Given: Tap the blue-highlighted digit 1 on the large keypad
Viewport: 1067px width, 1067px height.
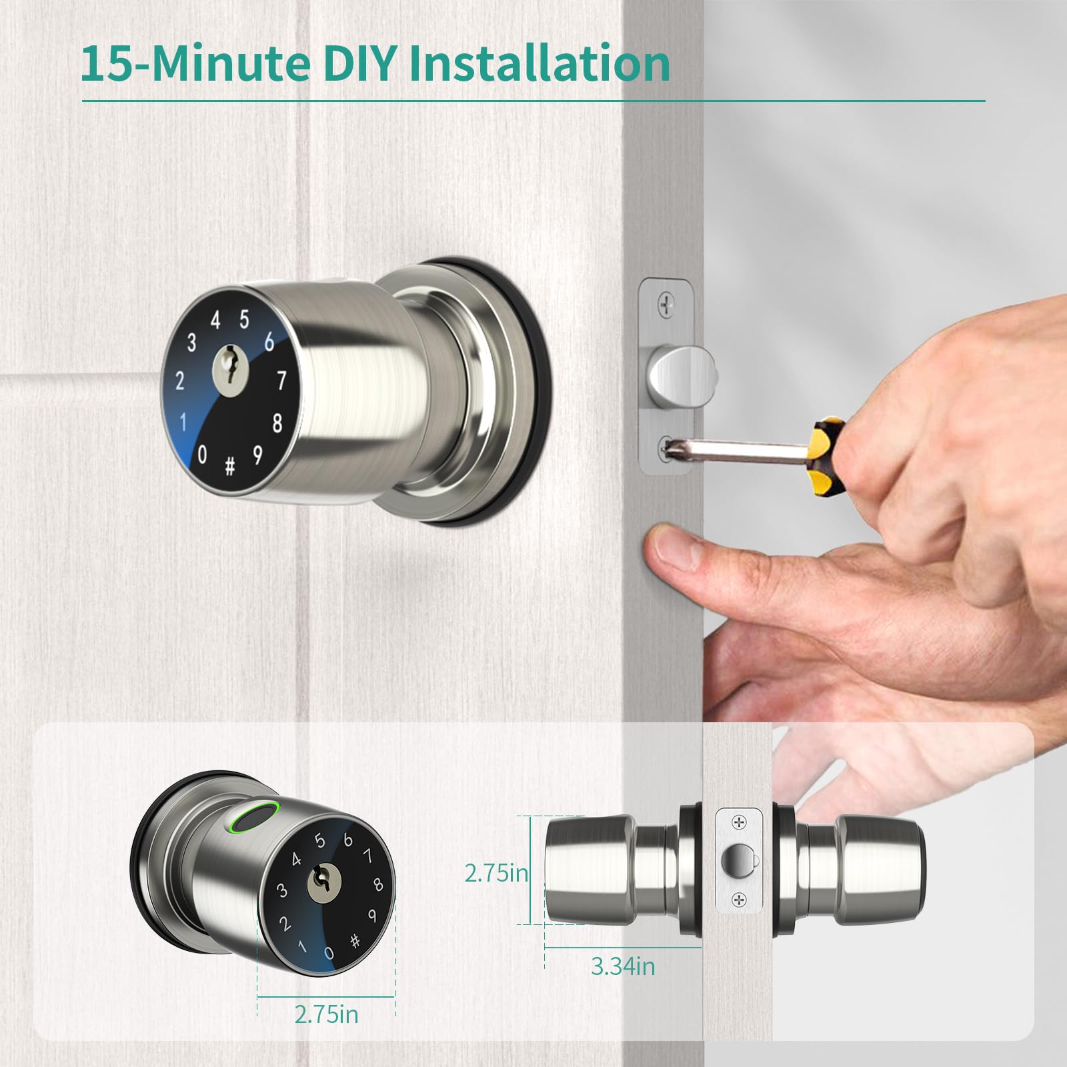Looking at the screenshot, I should coord(183,423).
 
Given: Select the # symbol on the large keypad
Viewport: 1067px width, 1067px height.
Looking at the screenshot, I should coord(229,467).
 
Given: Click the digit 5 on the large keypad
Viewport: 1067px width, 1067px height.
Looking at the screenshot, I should coord(244,320).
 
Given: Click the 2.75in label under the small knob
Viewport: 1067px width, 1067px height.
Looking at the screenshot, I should coord(326,1032).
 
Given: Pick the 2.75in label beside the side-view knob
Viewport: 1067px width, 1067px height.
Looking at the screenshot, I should coord(497,873).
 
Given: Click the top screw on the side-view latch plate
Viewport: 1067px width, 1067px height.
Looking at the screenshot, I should coord(738,823).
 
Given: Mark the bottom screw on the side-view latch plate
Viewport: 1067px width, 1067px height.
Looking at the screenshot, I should coord(738,900).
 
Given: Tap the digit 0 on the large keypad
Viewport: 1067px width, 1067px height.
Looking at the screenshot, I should coord(203,455).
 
